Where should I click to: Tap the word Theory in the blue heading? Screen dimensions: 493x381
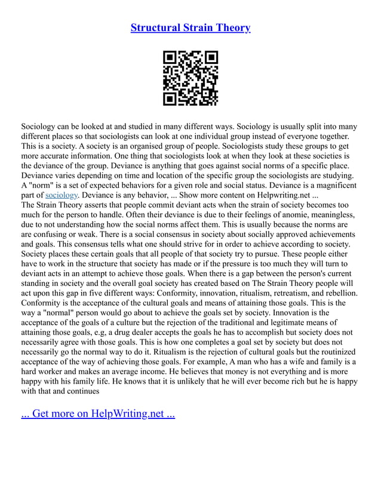click(232, 27)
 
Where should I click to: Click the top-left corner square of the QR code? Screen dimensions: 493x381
click(170, 58)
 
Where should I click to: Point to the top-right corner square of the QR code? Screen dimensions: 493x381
click(211, 58)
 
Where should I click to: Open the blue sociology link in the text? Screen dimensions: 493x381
click(62, 195)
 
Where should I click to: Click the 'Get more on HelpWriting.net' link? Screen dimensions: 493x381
click(98, 413)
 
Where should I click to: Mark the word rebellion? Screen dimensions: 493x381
click(337, 292)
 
